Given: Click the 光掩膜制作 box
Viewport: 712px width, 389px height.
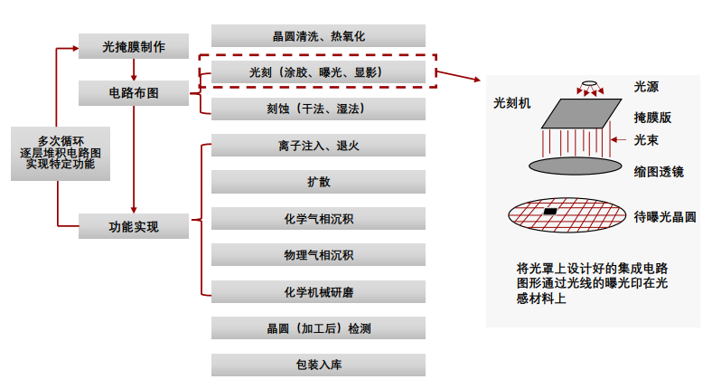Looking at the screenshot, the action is pos(134,46).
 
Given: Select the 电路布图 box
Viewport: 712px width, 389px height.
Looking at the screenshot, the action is pos(134,93).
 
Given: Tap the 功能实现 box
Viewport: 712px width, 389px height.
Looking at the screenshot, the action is pos(134,226).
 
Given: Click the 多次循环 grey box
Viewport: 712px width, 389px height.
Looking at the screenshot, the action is pos(61,154).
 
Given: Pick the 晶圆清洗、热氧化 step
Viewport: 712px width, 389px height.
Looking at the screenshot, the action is pos(318,36).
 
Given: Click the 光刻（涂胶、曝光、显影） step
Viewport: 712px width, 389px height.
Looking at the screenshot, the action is pos(318,72).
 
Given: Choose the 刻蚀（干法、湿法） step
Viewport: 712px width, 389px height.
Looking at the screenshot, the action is pos(318,109).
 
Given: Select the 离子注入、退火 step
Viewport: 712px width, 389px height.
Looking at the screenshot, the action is pos(318,146).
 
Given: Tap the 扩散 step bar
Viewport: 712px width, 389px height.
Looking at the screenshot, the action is pos(318,182).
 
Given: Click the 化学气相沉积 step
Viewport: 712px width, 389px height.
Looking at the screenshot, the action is pos(318,219).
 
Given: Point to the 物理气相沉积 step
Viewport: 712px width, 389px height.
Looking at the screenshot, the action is pos(318,255).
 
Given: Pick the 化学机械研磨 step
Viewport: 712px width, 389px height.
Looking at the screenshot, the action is pos(318,291).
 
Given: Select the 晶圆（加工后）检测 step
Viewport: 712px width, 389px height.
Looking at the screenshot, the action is pos(318,328).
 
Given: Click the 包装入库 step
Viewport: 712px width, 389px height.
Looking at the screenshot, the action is pos(318,365).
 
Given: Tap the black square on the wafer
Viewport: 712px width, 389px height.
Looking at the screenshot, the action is pos(550,212).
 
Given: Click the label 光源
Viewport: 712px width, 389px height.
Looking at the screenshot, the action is pos(646,87).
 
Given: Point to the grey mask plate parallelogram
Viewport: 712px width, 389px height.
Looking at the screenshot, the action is pos(582,114).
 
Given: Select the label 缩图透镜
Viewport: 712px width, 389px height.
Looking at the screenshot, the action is pos(659,172).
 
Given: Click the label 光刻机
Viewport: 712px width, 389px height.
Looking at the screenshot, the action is pos(511,103).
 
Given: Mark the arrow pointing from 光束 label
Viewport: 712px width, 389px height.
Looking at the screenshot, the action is pos(618,139).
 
